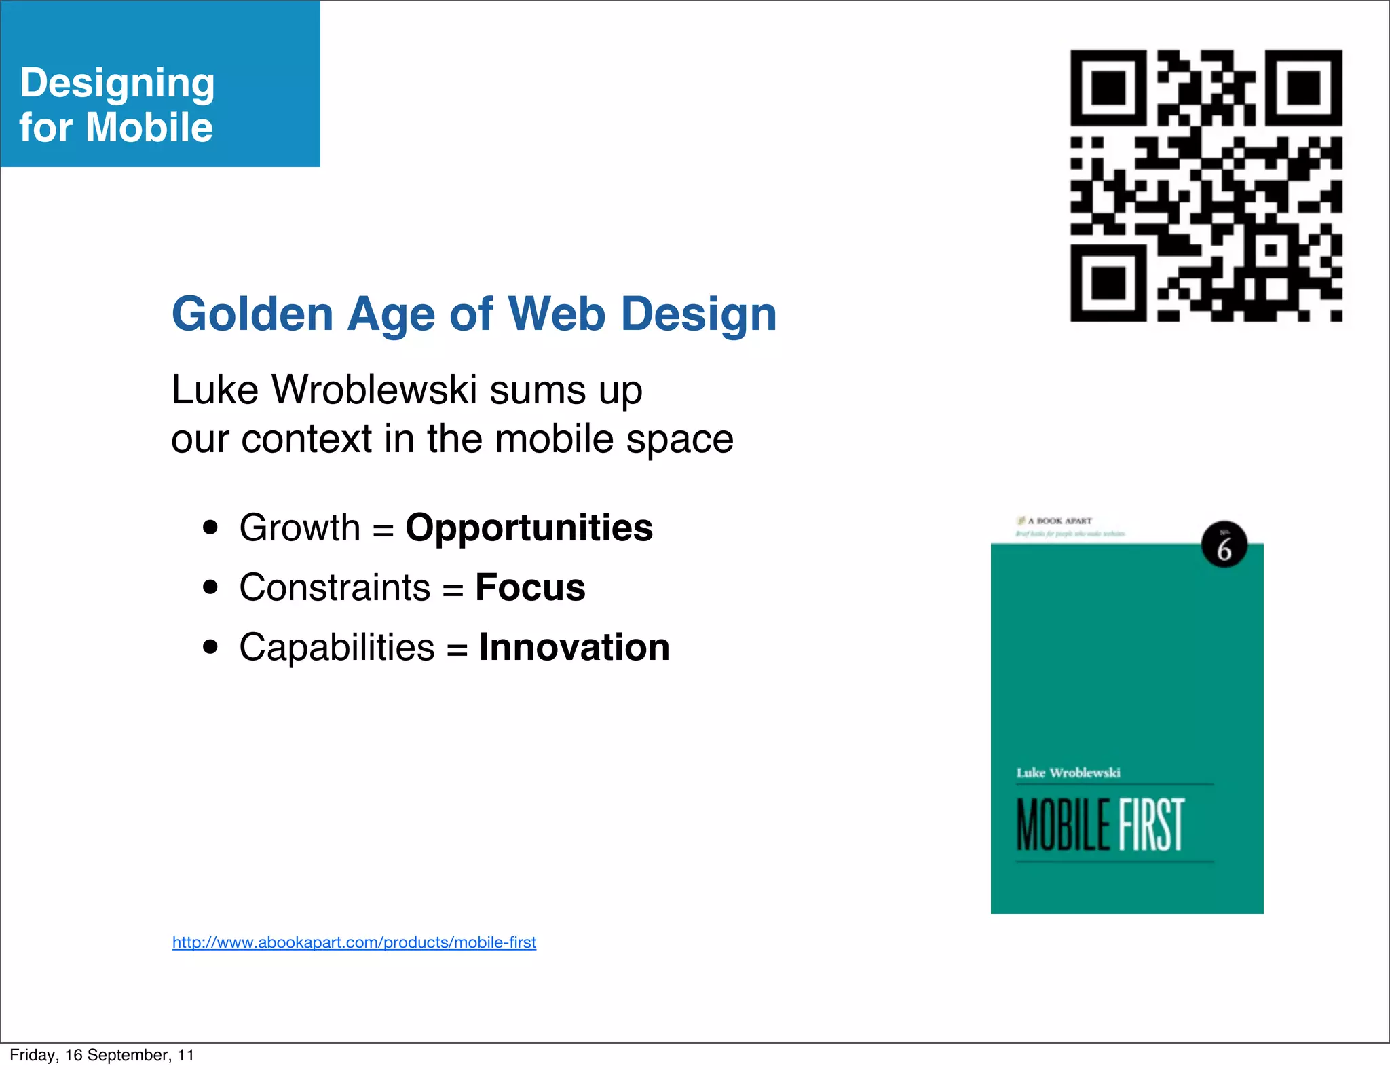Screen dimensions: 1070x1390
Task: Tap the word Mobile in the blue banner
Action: pos(149,128)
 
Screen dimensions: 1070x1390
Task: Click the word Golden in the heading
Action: pos(252,314)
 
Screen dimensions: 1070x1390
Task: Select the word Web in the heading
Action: pos(557,314)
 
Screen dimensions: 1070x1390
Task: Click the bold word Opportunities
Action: pos(529,528)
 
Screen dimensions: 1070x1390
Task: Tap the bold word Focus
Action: pos(530,588)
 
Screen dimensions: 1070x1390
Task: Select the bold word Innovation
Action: pos(574,647)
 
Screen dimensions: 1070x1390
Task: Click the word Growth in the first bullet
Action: pos(299,528)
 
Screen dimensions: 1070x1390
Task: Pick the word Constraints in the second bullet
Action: pos(335,588)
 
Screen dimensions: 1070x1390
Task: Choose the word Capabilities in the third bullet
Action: pos(337,647)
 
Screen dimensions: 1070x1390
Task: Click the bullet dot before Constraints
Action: pos(210,587)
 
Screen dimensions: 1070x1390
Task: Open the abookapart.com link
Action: pos(354,942)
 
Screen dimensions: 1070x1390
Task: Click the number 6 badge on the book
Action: pos(1224,545)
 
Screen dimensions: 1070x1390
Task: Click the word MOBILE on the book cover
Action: pos(1064,826)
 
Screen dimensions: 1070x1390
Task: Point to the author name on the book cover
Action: pos(1068,773)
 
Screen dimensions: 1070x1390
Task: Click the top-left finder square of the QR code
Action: pos(1108,88)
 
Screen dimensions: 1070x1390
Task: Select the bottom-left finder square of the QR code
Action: pos(1108,283)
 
